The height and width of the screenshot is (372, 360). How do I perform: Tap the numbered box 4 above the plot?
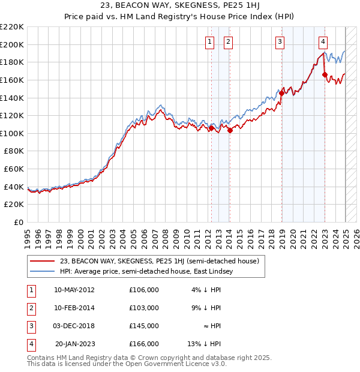(x=323, y=41)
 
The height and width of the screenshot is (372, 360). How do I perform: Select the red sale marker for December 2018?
(x=281, y=93)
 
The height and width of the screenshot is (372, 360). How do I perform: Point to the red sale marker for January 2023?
(x=325, y=75)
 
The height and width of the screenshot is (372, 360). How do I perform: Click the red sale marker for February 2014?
(x=230, y=131)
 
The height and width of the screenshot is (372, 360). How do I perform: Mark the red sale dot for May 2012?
(x=212, y=128)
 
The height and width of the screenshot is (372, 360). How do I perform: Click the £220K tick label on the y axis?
(x=12, y=27)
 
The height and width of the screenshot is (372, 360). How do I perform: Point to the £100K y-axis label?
(x=12, y=133)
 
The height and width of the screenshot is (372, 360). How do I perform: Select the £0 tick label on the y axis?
(x=18, y=222)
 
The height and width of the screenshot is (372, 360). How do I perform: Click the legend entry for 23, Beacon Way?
(x=159, y=261)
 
